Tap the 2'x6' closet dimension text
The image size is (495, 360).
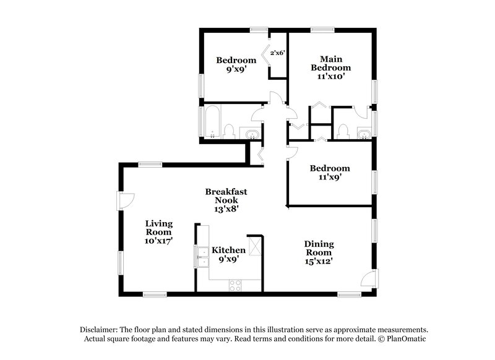point(277,54)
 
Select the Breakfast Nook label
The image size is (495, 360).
point(226,200)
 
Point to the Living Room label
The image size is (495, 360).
point(158,231)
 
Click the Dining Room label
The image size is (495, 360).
point(319,249)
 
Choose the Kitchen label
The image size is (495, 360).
point(229,250)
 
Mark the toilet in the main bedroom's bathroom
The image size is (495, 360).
point(343,131)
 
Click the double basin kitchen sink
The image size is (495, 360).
point(202,254)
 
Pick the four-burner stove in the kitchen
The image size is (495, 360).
point(236,285)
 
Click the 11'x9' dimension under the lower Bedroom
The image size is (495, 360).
point(329,177)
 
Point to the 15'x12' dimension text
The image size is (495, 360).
point(319,261)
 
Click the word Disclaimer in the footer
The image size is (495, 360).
point(101,330)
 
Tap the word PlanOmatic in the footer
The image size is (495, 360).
point(405,339)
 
